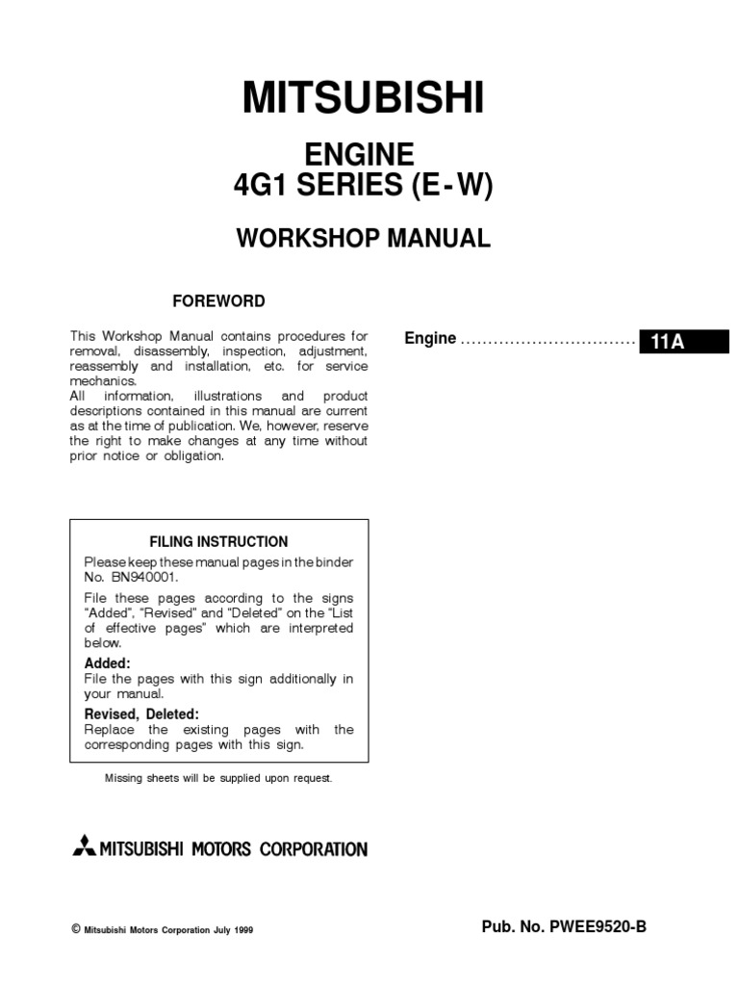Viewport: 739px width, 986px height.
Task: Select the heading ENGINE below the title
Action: [x=359, y=154]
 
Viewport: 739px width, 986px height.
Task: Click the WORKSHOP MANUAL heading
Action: [x=364, y=239]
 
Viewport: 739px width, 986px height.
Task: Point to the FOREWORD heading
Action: [x=218, y=301]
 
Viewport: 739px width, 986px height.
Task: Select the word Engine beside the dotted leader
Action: [x=430, y=339]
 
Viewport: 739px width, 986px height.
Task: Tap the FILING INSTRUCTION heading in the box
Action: [x=218, y=541]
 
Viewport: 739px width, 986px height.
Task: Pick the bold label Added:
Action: [x=107, y=664]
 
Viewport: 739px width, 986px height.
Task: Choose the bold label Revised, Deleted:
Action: [x=141, y=714]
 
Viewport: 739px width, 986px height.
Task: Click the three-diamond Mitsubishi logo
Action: [x=84, y=848]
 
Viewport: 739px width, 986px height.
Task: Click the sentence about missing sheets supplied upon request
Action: [x=218, y=778]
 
